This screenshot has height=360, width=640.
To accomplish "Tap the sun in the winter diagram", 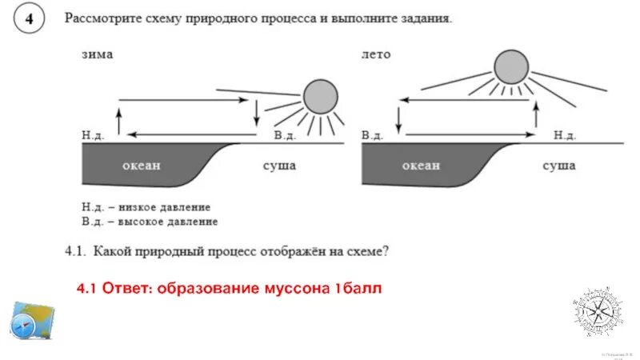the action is coord(319,97).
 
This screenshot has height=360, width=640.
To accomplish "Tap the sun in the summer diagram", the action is coord(510,67).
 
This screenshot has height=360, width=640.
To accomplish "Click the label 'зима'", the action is coord(97,54).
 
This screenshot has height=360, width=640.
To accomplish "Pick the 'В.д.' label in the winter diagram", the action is coord(284,135).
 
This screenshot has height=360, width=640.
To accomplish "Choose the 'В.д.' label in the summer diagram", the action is coord(372,135).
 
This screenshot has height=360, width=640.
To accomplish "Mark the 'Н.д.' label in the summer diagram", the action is coord(565,135).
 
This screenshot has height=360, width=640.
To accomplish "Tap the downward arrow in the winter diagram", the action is coord(256,112).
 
